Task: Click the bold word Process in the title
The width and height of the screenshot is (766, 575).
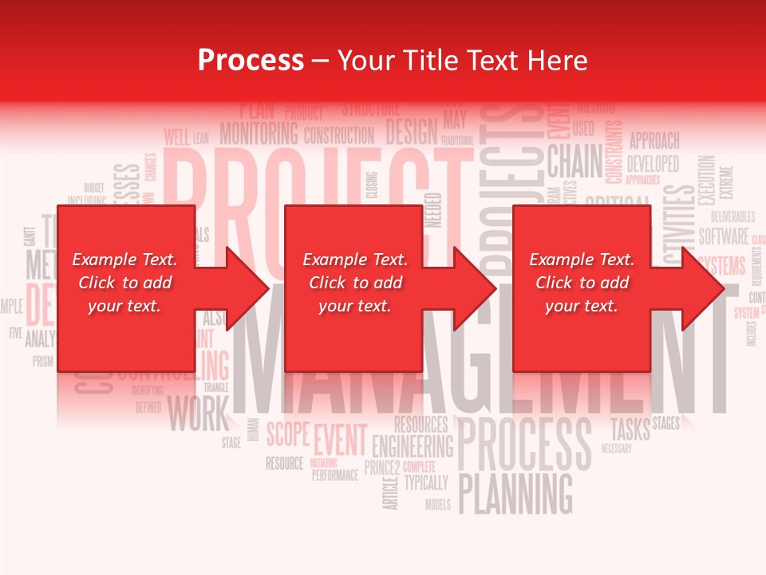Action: pos(251,61)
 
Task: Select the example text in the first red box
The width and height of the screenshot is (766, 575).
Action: pos(124,283)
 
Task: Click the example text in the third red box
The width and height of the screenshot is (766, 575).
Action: pos(582,283)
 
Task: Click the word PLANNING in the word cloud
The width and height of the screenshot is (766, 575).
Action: pos(516,493)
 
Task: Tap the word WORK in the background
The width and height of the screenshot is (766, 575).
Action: pos(197,414)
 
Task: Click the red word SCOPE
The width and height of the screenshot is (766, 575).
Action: pos(287,434)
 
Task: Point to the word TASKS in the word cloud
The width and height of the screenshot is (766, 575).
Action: pos(630,428)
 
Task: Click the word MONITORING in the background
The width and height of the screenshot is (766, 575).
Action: pos(259,133)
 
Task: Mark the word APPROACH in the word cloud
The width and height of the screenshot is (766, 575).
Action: pos(654,141)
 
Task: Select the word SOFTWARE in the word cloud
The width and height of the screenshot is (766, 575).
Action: pos(724,236)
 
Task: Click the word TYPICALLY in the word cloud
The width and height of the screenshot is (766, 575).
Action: pos(426,482)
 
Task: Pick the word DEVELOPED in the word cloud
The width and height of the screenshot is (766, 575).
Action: pos(653,164)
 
